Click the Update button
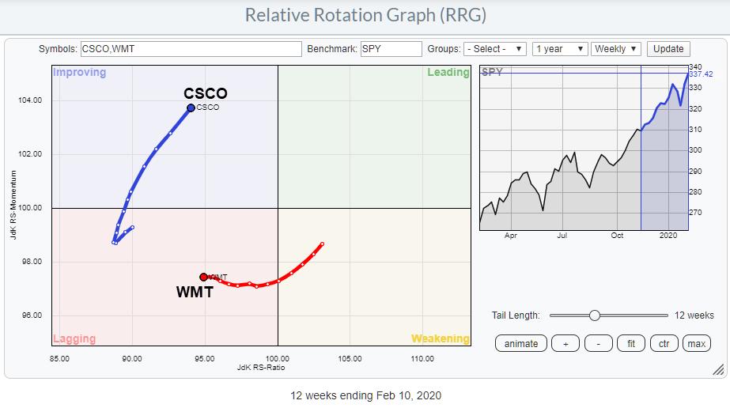[668, 49]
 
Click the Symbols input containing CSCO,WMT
[191, 49]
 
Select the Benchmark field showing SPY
[391, 49]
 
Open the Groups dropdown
[494, 49]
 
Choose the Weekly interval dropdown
[615, 49]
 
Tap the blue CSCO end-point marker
[191, 108]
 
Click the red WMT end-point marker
[203, 277]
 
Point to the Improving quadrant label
[78, 73]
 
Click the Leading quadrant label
[448, 73]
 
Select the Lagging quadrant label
[74, 339]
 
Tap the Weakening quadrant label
[440, 339]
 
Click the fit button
[631, 343]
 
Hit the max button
[696, 343]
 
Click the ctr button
[664, 343]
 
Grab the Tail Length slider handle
[595, 315]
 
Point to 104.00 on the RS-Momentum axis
[31, 100]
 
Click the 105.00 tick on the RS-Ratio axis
[350, 358]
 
